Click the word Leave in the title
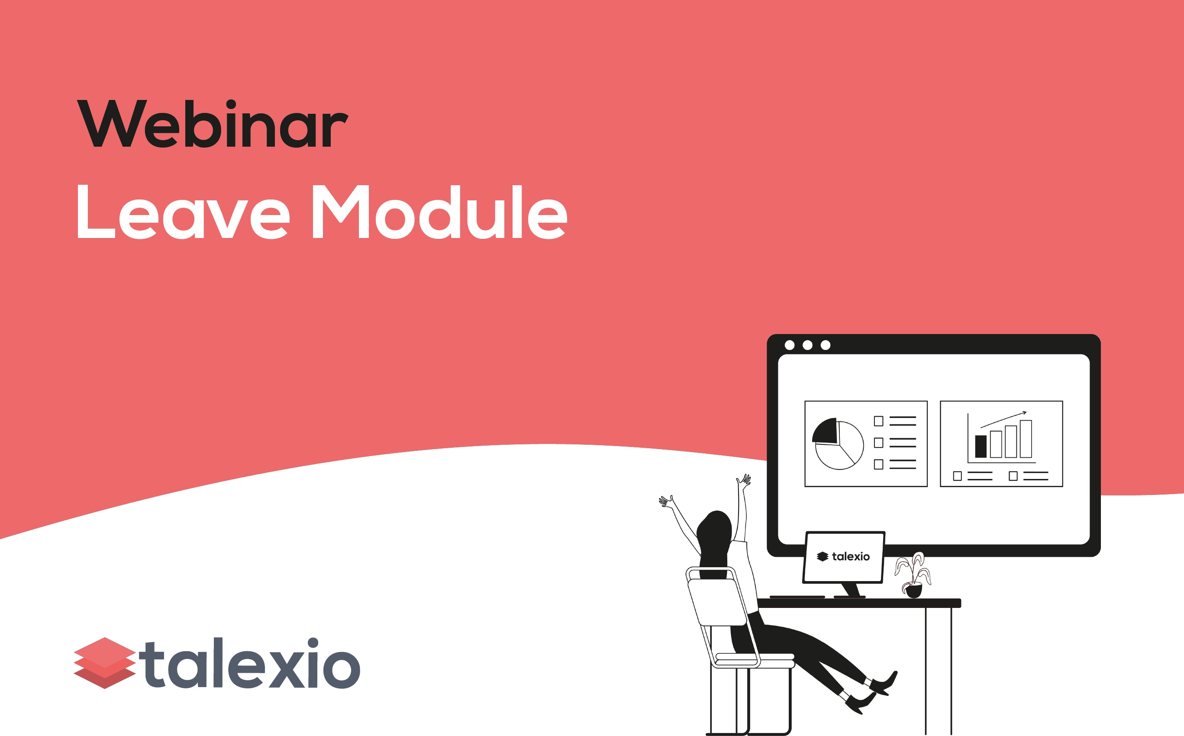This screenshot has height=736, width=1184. tap(184, 212)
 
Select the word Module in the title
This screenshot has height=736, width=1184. tap(440, 212)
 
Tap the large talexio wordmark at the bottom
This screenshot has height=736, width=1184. tap(250, 663)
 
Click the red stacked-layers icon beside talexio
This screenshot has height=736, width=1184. tap(105, 663)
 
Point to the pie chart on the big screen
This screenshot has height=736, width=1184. tap(838, 444)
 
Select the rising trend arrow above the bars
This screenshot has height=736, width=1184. tap(1003, 420)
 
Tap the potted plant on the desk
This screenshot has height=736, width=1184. tap(913, 575)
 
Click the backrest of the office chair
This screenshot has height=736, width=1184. tap(717, 601)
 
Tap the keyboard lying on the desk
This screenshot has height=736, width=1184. tap(797, 597)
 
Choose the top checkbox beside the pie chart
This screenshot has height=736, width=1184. tap(879, 421)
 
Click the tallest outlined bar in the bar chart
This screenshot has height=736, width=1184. tap(1026, 439)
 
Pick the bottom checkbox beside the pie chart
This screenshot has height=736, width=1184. tap(879, 464)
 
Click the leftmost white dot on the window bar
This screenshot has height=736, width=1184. tap(790, 345)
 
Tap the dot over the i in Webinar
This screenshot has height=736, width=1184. tap(230, 105)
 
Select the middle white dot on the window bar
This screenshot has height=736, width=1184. tap(807, 345)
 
